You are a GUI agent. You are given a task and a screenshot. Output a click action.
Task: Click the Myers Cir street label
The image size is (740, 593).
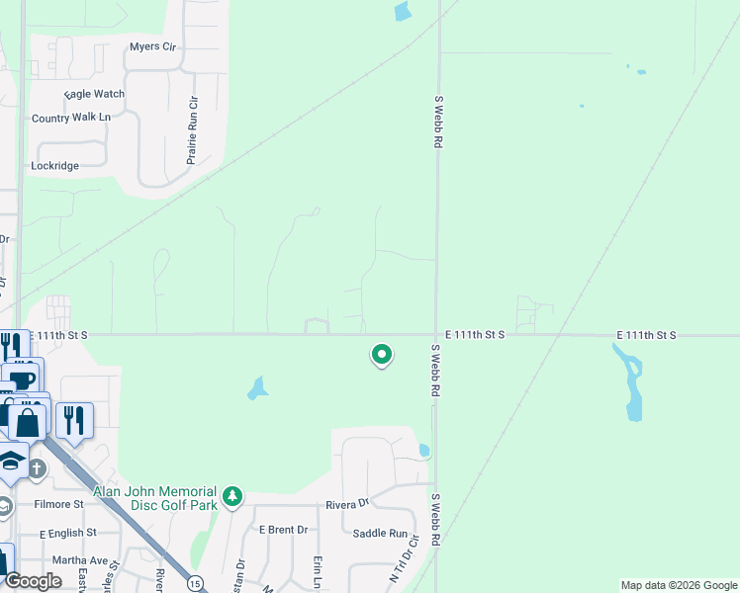tap(151, 46)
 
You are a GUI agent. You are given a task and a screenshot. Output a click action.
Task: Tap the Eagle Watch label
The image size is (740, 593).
tap(95, 94)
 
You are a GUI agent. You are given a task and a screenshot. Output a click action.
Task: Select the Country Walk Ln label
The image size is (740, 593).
tap(71, 118)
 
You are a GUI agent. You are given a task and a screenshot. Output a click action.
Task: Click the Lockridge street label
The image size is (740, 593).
tap(54, 166)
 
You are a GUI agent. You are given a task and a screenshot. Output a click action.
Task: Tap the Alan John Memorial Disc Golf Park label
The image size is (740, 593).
tap(155, 498)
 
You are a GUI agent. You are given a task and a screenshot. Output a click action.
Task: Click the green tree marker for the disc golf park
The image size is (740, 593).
tap(232, 496)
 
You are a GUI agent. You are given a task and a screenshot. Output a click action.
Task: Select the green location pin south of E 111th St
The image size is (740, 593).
tap(381, 355)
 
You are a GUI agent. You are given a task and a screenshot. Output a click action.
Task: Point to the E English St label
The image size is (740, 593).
tap(68, 532)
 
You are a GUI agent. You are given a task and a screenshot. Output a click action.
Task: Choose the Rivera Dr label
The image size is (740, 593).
tap(348, 504)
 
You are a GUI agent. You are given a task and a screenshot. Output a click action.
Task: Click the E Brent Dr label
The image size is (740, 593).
tap(283, 530)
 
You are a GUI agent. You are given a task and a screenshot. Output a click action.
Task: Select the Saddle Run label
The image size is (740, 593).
tap(380, 534)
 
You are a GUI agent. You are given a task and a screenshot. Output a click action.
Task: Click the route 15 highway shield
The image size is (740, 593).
tap(196, 582)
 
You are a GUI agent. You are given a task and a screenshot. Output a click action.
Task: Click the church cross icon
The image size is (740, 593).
tap(37, 467)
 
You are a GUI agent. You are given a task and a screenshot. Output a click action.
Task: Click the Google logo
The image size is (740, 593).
tap(34, 581)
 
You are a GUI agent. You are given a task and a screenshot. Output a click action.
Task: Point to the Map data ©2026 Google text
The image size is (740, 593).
tap(678, 585)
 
